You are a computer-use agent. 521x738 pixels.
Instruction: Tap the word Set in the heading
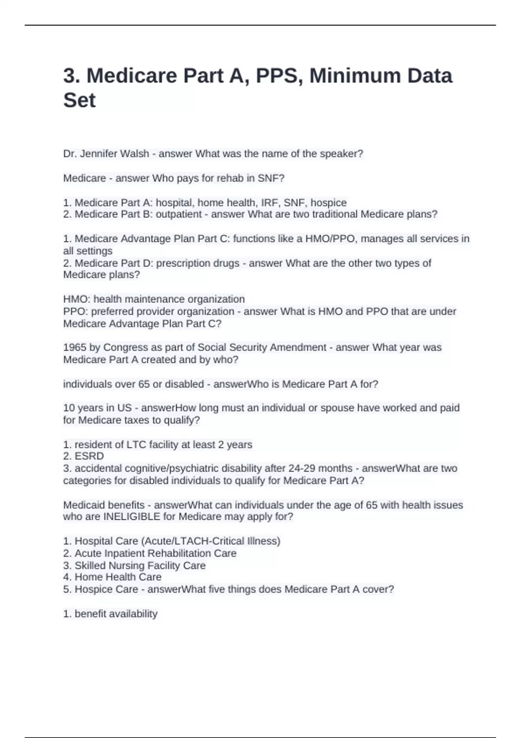pyautogui.click(x=79, y=100)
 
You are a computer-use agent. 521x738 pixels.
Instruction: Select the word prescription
pyautogui.click(x=183, y=263)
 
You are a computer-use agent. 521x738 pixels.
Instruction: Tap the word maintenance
pyautogui.click(x=145, y=299)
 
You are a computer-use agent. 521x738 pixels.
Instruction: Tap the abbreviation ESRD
pyautogui.click(x=89, y=456)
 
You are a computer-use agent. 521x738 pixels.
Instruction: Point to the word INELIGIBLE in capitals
pyautogui.click(x=132, y=517)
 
